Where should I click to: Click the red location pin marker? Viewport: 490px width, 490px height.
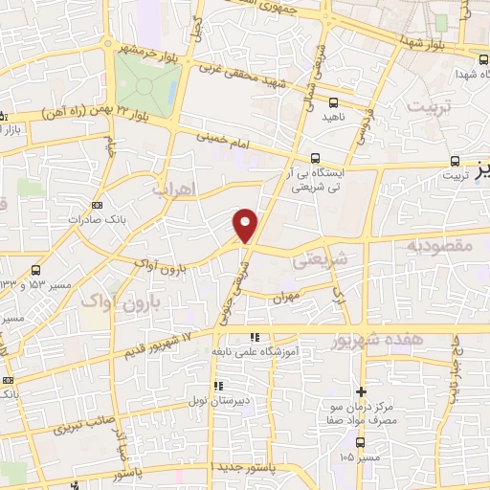click(x=246, y=224)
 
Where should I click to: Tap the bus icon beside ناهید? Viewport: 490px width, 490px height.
click(x=333, y=101)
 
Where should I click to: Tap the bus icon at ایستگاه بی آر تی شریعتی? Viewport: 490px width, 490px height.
click(x=316, y=159)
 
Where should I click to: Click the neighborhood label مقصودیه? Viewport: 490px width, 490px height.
click(x=439, y=246)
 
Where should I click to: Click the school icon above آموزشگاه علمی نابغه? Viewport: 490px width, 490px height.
click(x=254, y=338)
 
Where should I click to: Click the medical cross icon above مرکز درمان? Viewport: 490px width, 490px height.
click(x=361, y=391)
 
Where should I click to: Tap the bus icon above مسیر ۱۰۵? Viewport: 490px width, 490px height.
click(x=360, y=442)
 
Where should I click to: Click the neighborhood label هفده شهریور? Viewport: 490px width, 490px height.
click(x=376, y=341)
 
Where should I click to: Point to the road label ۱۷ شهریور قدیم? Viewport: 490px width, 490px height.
click(x=159, y=346)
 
